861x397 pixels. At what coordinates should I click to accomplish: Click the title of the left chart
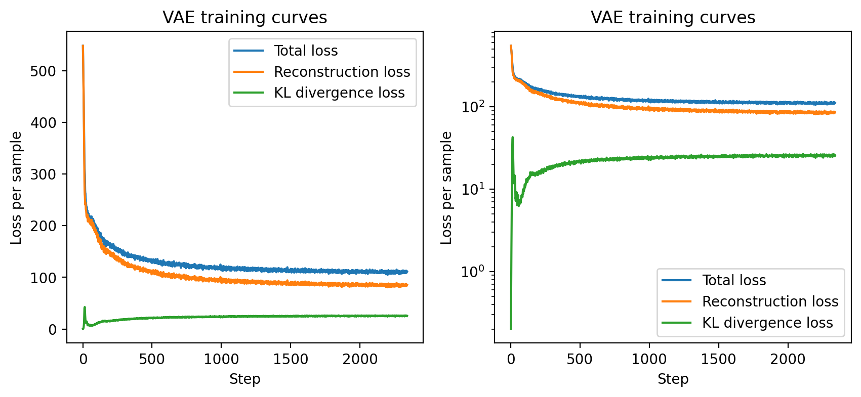(244, 18)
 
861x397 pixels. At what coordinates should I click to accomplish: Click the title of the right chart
(673, 18)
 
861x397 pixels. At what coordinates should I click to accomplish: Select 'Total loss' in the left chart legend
(306, 51)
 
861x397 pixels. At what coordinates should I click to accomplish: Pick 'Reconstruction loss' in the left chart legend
(342, 72)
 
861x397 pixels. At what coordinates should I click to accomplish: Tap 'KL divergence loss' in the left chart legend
(339, 93)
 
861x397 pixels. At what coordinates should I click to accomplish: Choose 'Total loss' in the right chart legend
(734, 280)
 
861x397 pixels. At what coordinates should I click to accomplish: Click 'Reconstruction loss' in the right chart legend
(770, 301)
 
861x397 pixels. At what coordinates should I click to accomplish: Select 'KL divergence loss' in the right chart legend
(767, 323)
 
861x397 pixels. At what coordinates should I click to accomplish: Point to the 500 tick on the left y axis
(43, 71)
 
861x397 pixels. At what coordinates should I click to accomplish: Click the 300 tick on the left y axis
(43, 174)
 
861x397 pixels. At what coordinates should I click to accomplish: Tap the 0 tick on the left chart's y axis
(53, 330)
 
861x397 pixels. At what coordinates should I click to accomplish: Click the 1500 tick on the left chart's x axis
(291, 359)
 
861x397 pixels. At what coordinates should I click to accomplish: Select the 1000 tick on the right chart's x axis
(649, 359)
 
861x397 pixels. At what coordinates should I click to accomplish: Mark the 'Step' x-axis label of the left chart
(244, 379)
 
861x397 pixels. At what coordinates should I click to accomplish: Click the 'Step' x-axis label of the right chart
(673, 379)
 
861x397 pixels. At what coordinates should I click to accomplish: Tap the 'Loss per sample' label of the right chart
(446, 188)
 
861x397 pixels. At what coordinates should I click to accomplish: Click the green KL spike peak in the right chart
(513, 137)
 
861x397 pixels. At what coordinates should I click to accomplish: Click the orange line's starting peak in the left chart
(83, 46)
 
